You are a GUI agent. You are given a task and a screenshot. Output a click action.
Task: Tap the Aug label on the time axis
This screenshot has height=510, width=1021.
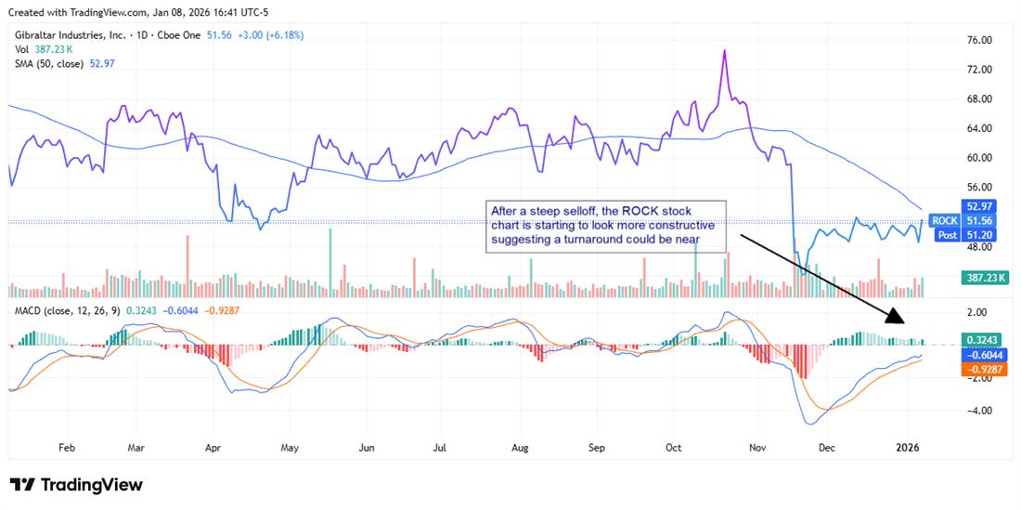click(x=520, y=447)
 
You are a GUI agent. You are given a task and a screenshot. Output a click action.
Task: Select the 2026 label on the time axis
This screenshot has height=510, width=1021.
click(x=907, y=447)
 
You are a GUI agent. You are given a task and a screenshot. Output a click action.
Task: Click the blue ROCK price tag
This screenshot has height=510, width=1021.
click(x=945, y=220)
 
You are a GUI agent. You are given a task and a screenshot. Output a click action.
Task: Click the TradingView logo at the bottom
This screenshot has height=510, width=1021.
click(x=76, y=485)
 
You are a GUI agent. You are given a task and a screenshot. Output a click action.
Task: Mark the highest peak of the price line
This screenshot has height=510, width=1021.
click(x=723, y=51)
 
